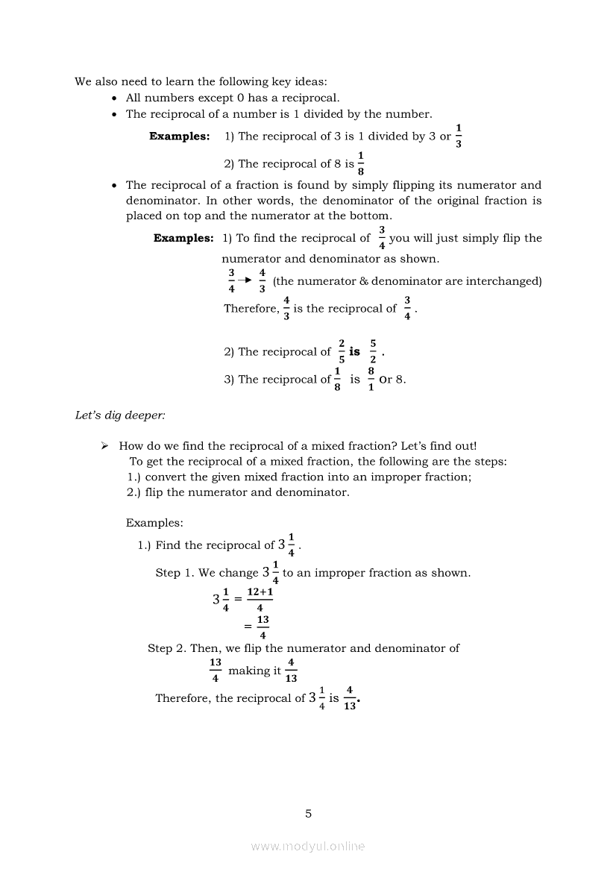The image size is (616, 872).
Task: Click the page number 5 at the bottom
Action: (x=308, y=814)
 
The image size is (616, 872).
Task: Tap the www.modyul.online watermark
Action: (x=308, y=846)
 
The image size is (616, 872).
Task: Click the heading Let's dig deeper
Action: (x=120, y=415)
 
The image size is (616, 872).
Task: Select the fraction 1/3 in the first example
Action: (x=459, y=136)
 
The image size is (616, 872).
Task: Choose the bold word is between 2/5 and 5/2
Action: (x=355, y=351)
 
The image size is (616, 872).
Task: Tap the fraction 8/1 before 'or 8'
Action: (x=371, y=379)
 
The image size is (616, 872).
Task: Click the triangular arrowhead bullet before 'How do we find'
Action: (x=105, y=446)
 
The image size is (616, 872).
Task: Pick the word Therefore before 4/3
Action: (x=251, y=309)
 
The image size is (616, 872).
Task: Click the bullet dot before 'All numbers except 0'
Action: (x=113, y=98)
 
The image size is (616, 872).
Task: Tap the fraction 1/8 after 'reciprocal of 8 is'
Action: (x=361, y=163)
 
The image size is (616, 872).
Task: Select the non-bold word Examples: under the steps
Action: (x=154, y=523)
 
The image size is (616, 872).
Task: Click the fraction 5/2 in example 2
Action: (x=373, y=351)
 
